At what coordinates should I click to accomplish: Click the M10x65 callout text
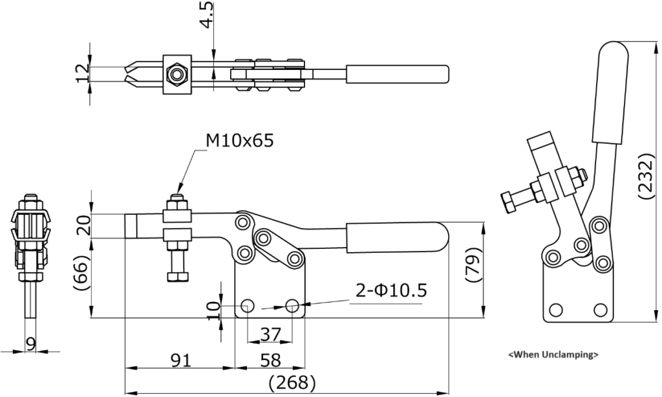(x=239, y=141)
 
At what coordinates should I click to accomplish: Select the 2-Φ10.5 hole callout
(x=391, y=291)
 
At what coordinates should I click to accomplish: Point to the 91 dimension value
(x=179, y=359)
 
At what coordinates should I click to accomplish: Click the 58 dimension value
(x=270, y=359)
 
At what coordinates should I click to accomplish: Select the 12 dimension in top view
(x=81, y=73)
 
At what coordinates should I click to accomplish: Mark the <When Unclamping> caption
(x=553, y=354)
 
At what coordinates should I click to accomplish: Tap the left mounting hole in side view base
(x=247, y=305)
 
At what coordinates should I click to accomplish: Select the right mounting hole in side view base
(x=292, y=305)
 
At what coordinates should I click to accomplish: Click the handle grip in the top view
(x=398, y=74)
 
